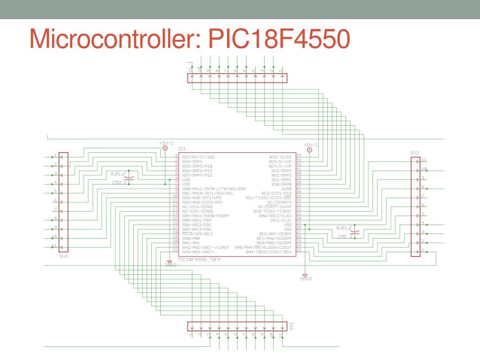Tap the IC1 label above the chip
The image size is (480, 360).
pos(182,149)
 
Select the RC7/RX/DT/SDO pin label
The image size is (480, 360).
pos(198,157)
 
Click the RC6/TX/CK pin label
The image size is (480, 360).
pos(280,157)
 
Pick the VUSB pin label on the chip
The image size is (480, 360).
pos(286,188)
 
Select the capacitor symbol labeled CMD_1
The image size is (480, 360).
pos(131,178)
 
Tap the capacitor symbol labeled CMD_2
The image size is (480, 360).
pos(356,232)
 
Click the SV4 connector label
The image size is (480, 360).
pos(63,256)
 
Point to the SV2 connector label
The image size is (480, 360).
pos(414,153)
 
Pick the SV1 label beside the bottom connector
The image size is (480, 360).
pos(291,326)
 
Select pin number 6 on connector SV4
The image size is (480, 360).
pos(55,201)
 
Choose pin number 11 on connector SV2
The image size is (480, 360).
pos(424,160)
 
